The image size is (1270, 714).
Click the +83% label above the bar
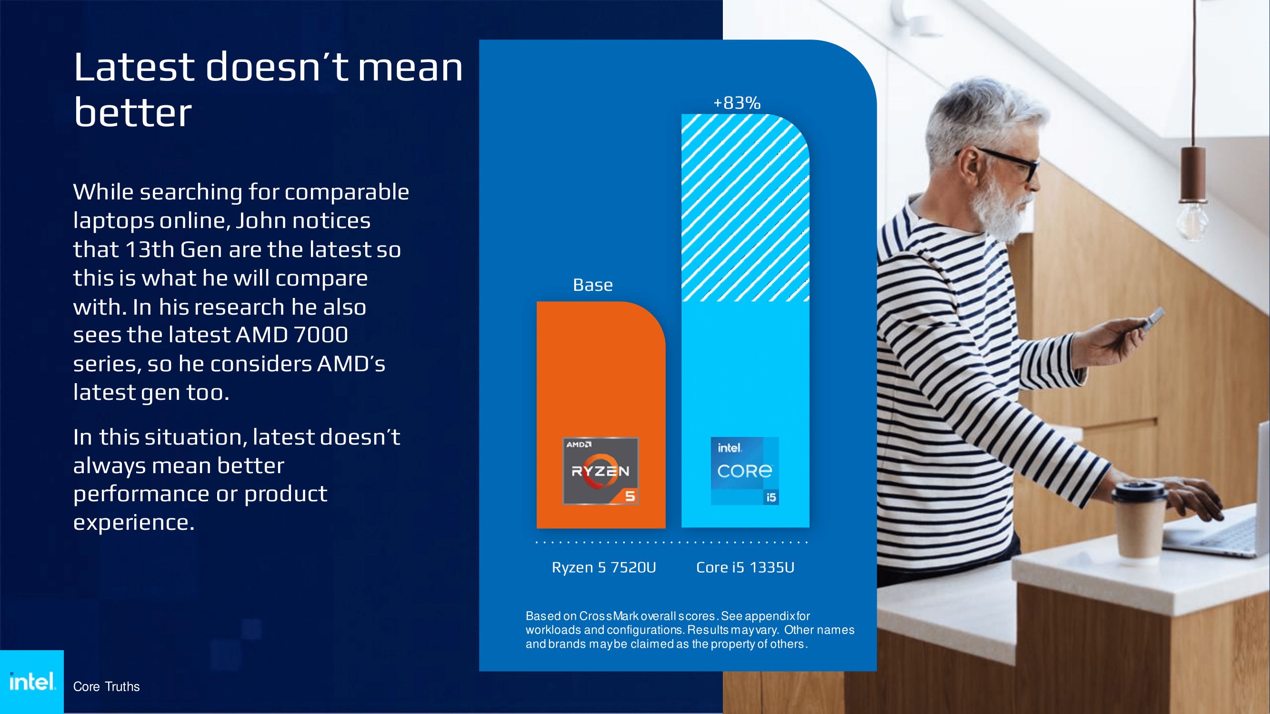[737, 103]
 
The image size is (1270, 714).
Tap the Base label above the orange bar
[592, 285]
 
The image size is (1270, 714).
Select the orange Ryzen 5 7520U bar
[601, 415]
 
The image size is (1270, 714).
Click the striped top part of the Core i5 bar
[745, 208]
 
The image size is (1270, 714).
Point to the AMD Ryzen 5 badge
[600, 471]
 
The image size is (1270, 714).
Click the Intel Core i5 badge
[745, 471]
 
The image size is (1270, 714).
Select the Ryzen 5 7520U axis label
[604, 568]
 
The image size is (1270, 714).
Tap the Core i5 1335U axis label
[745, 568]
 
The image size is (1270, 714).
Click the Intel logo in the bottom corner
[32, 682]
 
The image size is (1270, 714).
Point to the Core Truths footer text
[107, 686]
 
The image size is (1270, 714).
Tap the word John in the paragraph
[260, 220]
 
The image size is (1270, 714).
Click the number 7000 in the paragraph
[320, 335]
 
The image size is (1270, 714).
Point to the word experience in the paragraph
[134, 522]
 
